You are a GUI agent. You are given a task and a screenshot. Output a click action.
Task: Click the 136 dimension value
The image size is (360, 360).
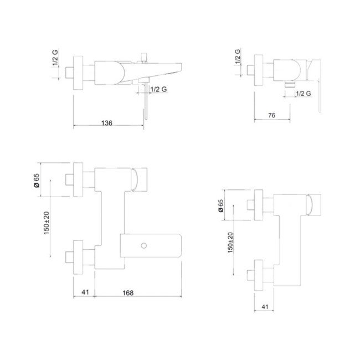coord(107,122)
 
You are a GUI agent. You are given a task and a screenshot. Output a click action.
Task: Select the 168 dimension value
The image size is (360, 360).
coord(126,292)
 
